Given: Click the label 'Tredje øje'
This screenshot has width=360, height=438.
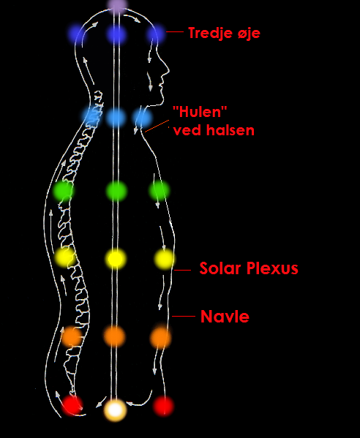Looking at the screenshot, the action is pyautogui.click(x=224, y=33).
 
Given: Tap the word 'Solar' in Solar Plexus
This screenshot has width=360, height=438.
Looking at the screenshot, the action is pyautogui.click(x=220, y=268).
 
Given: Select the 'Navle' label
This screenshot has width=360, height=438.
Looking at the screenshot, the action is pyautogui.click(x=225, y=317).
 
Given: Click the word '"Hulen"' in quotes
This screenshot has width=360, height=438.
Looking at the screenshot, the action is pyautogui.click(x=200, y=112).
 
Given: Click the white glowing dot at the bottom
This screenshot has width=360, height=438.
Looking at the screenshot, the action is pyautogui.click(x=115, y=410).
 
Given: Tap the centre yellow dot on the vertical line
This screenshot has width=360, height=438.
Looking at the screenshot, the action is pyautogui.click(x=116, y=259).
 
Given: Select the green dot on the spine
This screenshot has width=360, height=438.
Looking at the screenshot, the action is pyautogui.click(x=64, y=191).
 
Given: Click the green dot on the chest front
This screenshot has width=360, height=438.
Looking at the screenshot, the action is pyautogui.click(x=159, y=191).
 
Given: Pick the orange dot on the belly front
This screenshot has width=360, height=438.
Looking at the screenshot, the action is pyautogui.click(x=160, y=337).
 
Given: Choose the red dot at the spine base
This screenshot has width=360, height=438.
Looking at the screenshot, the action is pyautogui.click(x=72, y=405).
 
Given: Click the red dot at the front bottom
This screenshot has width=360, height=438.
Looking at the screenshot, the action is pyautogui.click(x=163, y=406).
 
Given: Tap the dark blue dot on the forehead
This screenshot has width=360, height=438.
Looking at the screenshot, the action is pyautogui.click(x=156, y=34).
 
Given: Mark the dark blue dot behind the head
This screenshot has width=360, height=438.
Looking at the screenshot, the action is pyautogui.click(x=76, y=34).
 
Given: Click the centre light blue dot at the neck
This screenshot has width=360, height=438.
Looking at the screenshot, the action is pyautogui.click(x=116, y=118).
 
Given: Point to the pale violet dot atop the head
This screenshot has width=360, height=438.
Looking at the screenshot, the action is pyautogui.click(x=117, y=5).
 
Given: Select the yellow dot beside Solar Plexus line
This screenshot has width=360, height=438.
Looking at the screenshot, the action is pyautogui.click(x=164, y=260).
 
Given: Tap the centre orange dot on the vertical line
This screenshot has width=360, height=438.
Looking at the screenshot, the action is pyautogui.click(x=115, y=336).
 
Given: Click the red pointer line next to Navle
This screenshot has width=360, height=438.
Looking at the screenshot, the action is pyautogui.click(x=184, y=316).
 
